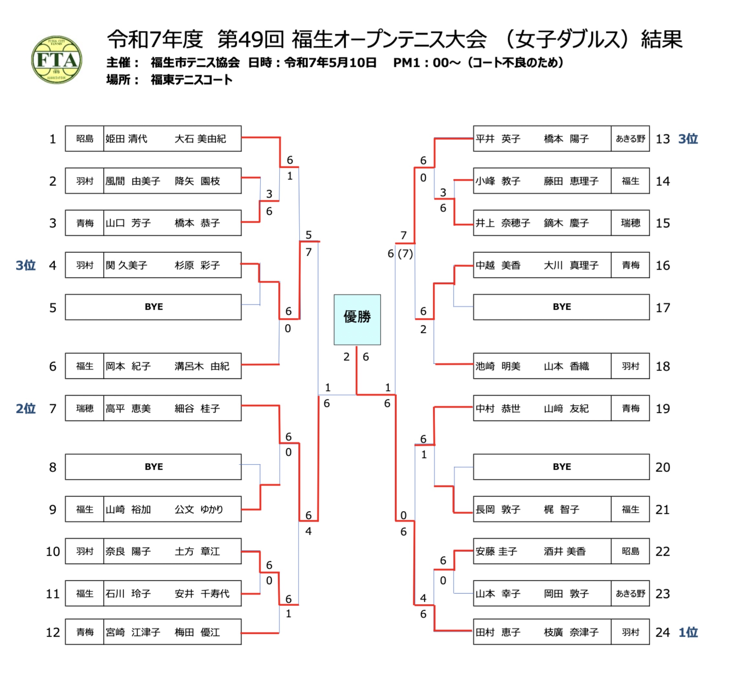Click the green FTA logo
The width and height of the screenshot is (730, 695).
56,59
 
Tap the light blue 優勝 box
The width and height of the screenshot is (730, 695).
357,319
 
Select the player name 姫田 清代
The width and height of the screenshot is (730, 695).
126,139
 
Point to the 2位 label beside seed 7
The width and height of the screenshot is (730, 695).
26,408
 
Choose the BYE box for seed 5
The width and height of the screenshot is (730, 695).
153,307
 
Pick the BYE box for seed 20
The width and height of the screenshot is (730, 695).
561,467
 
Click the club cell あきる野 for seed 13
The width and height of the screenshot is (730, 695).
630,139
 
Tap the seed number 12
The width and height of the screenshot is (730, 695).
53,632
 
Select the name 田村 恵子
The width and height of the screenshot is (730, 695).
498,632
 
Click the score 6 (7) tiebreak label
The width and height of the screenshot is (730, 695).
400,254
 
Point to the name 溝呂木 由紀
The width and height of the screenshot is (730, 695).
202,366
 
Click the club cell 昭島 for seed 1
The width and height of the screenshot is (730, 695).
84,139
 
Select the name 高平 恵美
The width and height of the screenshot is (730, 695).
128,409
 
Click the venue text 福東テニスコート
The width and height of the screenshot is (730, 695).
191,80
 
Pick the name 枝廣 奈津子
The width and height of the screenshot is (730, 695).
571,632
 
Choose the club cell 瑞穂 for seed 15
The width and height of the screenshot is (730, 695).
630,223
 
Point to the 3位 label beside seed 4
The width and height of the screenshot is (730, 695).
26,265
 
